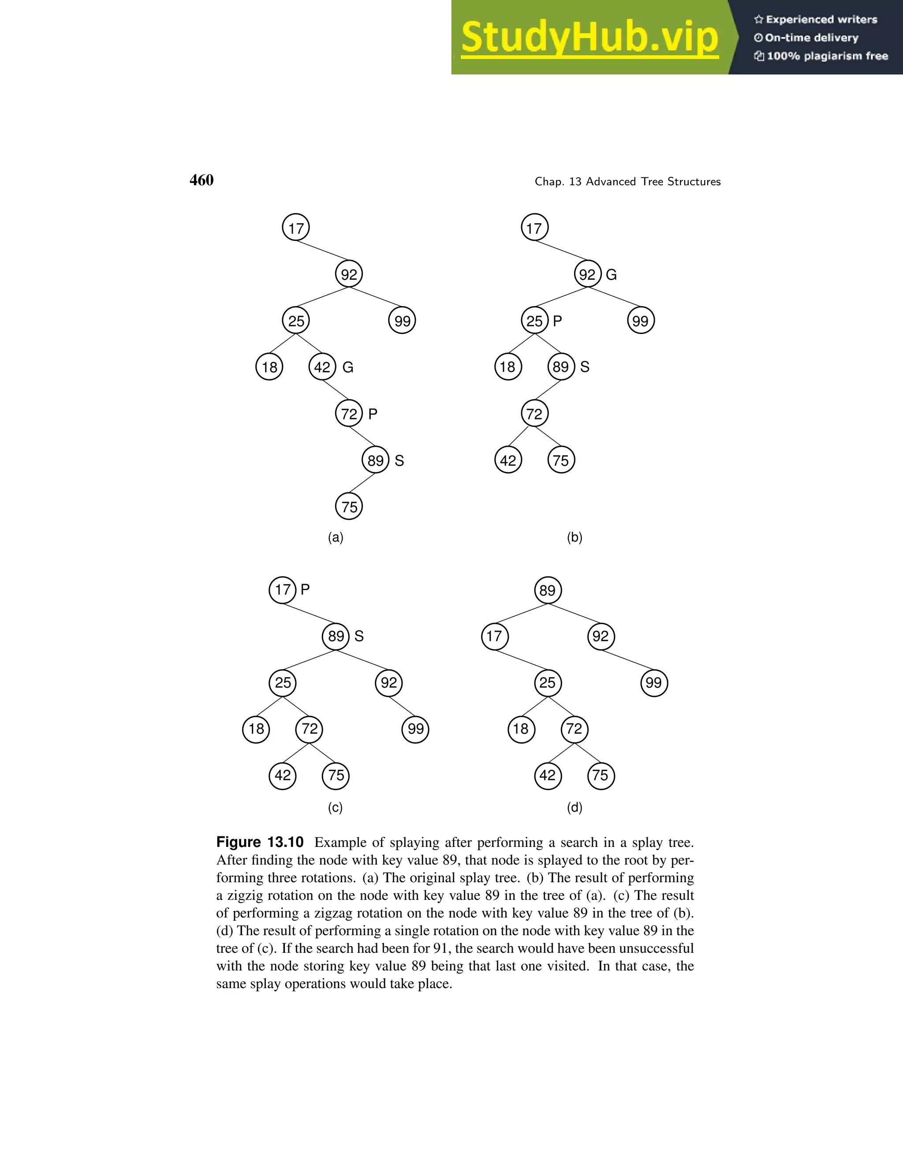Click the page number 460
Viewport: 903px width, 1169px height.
[201, 180]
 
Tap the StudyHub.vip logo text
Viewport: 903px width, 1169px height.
[590, 38]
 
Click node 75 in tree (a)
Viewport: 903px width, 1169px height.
[349, 506]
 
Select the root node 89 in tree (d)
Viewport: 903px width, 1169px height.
[548, 590]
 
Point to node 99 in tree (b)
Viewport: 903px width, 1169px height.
[640, 321]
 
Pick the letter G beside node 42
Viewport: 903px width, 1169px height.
[348, 367]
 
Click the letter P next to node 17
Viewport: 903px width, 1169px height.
[305, 589]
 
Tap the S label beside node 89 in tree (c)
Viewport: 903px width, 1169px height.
[359, 636]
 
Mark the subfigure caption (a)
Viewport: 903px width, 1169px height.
[336, 537]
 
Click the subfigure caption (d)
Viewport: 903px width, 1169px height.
[575, 807]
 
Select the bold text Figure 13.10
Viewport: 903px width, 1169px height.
[260, 842]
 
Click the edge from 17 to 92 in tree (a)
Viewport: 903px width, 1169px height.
[323, 251]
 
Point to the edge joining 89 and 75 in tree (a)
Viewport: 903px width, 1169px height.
[362, 483]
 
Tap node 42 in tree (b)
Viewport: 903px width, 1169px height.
[507, 460]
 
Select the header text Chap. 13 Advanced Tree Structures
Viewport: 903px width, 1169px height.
[627, 181]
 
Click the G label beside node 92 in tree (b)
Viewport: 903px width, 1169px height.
[611, 274]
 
